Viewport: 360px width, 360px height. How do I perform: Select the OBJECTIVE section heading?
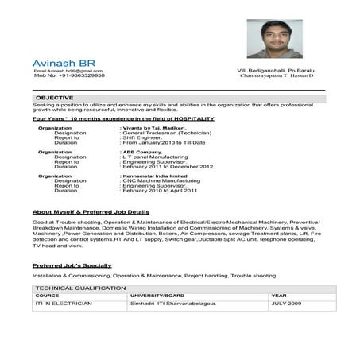(55, 97)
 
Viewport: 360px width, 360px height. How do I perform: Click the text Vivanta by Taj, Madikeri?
(153, 127)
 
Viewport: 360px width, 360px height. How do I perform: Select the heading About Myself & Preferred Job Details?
(91, 213)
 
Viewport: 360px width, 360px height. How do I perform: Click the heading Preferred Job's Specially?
(72, 265)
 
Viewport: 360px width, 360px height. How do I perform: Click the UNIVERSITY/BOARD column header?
(157, 295)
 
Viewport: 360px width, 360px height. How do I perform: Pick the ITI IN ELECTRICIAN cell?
(64, 304)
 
